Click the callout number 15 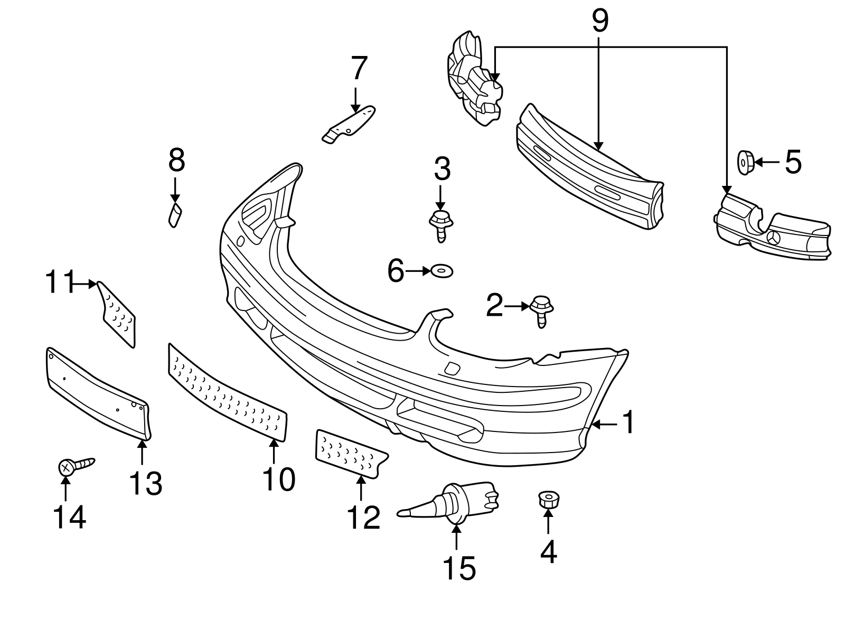[458, 568]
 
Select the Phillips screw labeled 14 [74, 465]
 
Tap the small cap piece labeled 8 [175, 215]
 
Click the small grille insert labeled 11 [118, 314]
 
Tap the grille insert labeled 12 [350, 454]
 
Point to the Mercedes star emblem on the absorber [774, 238]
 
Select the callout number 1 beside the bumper [628, 424]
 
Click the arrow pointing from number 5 [766, 162]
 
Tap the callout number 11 [58, 283]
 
